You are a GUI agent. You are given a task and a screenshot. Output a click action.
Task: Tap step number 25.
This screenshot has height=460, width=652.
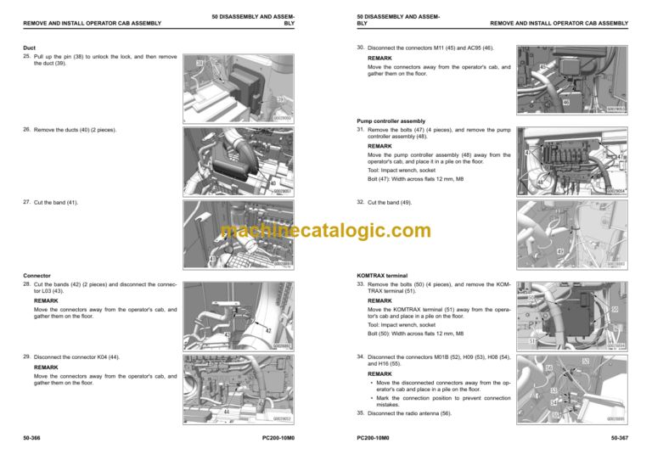(x=26, y=57)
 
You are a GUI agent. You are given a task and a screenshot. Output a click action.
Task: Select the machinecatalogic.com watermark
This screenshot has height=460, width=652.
(x=325, y=231)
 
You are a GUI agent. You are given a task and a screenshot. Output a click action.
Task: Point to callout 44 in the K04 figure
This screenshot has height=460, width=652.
(x=226, y=412)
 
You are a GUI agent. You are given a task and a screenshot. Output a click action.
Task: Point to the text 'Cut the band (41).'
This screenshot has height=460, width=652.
(x=55, y=204)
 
